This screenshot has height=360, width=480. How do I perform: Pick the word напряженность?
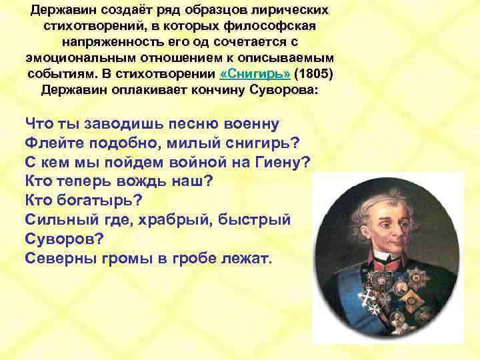(x=113, y=43)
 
